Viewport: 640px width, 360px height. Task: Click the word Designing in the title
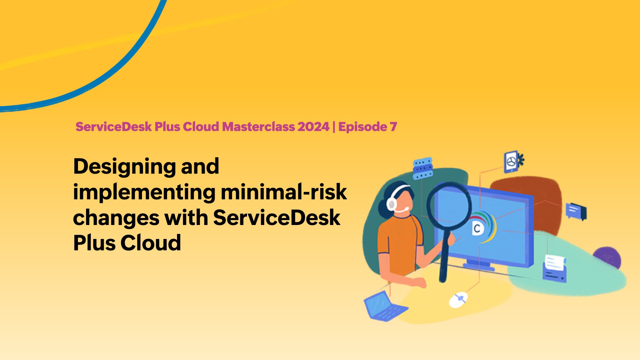[124, 167]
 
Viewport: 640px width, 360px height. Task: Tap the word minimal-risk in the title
[284, 192]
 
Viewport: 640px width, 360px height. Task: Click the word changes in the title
[116, 218]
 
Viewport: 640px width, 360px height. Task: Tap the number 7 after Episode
[393, 127]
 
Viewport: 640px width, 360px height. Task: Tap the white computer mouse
[458, 299]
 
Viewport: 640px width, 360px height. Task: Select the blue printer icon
[555, 269]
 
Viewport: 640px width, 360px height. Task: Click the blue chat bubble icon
[576, 211]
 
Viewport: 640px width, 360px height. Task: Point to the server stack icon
[423, 168]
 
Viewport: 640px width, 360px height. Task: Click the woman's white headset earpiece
[391, 204]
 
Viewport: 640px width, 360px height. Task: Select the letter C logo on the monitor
[477, 229]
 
